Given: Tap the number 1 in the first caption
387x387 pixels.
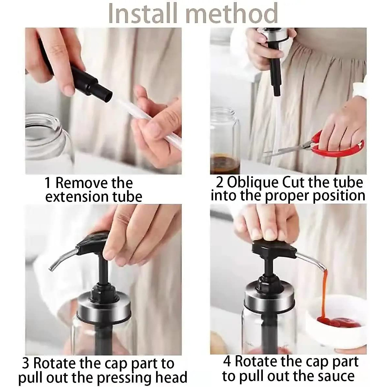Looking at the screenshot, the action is pyautogui.click(x=48, y=183).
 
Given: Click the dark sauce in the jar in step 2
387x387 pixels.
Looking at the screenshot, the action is pyautogui.click(x=225, y=164).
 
